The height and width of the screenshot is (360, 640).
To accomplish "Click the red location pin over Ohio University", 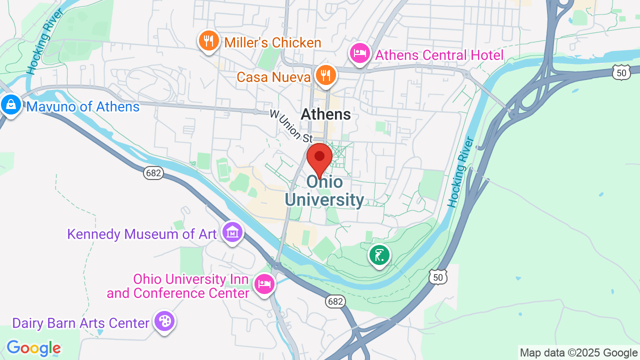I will click(x=319, y=158).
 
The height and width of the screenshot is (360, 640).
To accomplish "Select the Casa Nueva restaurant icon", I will click(x=326, y=76).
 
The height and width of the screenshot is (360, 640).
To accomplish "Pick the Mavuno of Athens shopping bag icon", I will click(x=10, y=105).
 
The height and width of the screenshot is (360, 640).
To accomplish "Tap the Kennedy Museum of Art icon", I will click(x=232, y=232).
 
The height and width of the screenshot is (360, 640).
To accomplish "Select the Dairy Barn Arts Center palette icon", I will click(x=164, y=321).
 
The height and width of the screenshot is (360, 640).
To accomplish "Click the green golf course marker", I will click(x=379, y=255).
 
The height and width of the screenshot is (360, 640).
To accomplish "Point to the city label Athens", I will click(x=325, y=114).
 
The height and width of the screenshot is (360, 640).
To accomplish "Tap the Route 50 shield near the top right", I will click(x=621, y=73).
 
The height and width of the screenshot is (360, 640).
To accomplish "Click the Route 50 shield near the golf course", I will click(x=437, y=276).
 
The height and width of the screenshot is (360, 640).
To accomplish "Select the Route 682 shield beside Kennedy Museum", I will click(x=153, y=173).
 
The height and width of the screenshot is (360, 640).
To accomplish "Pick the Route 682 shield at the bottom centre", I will click(x=335, y=301).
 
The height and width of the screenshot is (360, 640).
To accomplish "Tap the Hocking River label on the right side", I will click(x=460, y=172).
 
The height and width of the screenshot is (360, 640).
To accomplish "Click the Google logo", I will click(x=33, y=348).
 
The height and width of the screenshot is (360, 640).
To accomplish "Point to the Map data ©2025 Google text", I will click(x=578, y=353).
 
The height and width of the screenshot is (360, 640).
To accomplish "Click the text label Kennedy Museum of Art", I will click(x=142, y=234).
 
